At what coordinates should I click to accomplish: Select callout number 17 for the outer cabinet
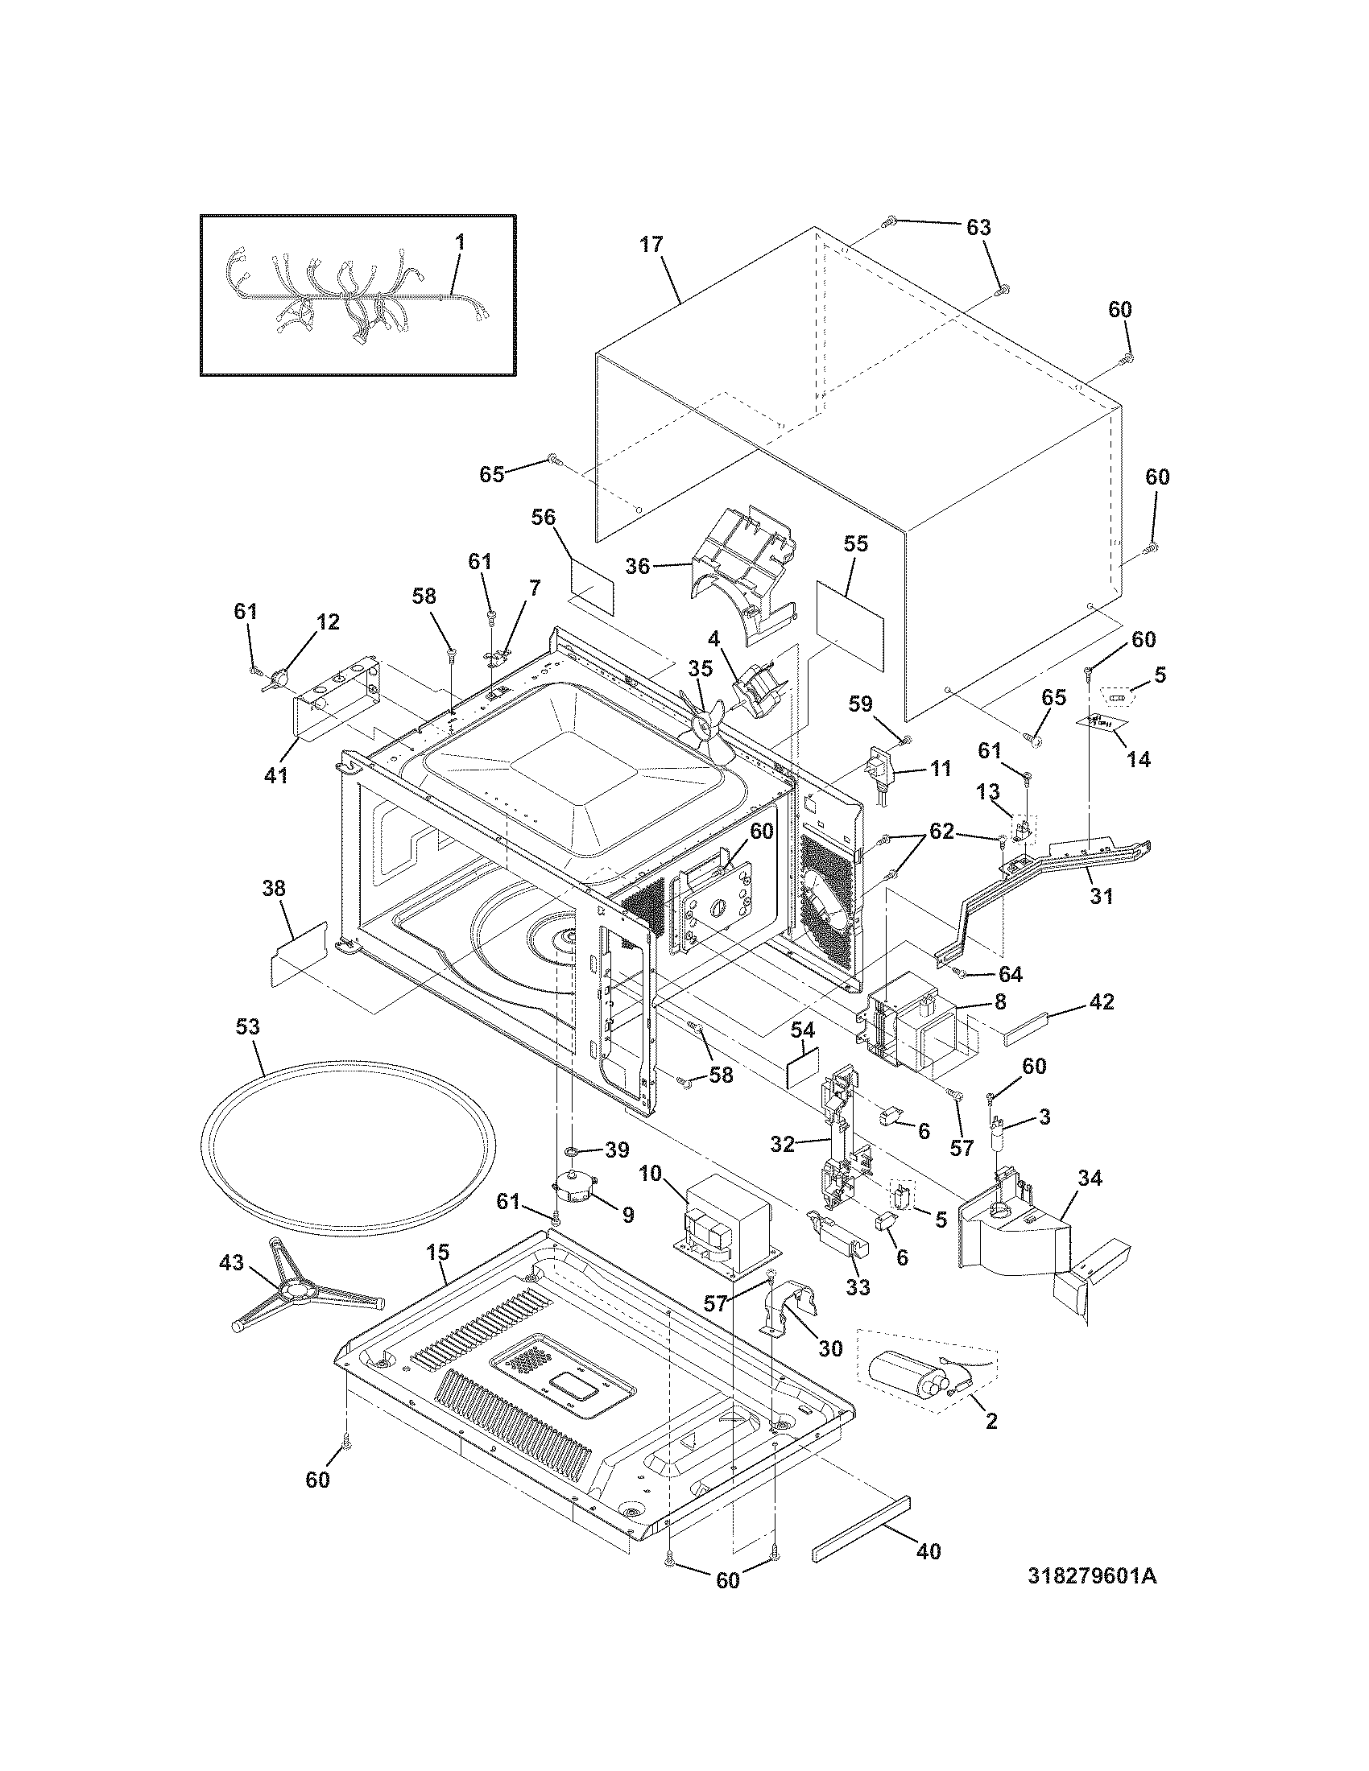651,245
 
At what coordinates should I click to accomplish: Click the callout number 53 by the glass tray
247,1026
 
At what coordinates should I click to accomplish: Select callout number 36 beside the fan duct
639,566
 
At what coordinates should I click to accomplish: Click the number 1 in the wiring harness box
460,242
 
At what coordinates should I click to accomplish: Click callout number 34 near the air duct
1090,1178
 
